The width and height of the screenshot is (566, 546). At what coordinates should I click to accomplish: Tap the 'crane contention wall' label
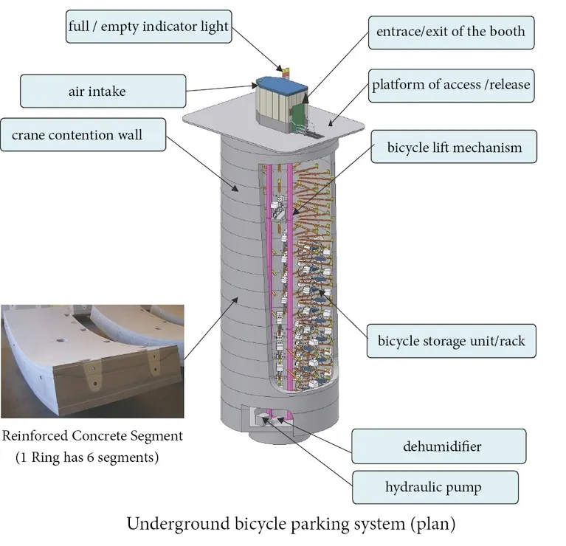pyautogui.click(x=83, y=136)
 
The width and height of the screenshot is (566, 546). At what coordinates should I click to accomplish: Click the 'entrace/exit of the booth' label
pyautogui.click(x=450, y=32)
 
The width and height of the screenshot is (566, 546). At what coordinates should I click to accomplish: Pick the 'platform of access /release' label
pyautogui.click(x=450, y=85)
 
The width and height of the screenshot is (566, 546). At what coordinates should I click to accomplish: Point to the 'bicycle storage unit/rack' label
pyautogui.click(x=451, y=342)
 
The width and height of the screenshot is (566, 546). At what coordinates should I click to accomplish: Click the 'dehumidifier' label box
pyautogui.click(x=438, y=446)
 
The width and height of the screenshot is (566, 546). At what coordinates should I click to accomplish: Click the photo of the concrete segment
pyautogui.click(x=92, y=361)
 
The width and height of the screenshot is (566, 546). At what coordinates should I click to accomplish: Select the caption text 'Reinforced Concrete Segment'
pyautogui.click(x=92, y=436)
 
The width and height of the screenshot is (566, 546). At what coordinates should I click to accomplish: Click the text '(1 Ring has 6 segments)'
pyautogui.click(x=87, y=457)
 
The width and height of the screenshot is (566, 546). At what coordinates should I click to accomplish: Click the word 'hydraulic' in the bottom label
pyautogui.click(x=410, y=487)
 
